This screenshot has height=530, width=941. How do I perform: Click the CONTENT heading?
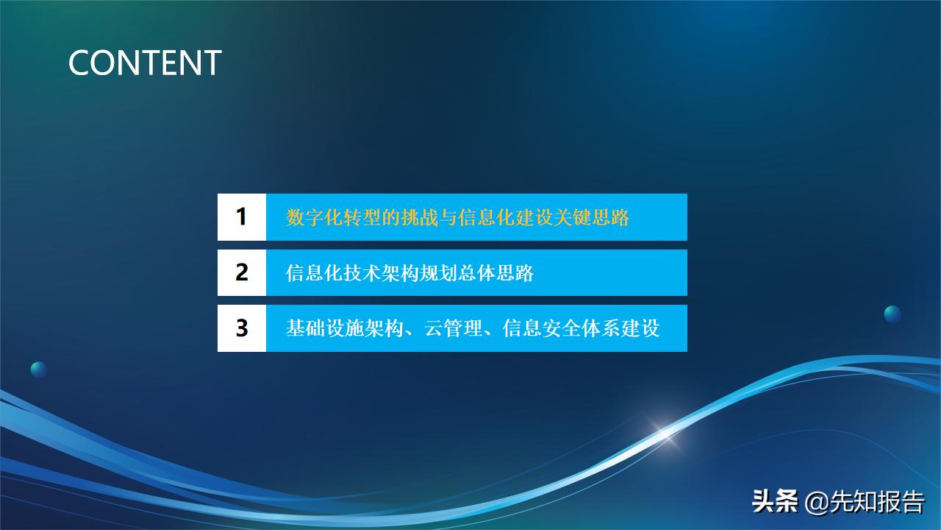coord(145,63)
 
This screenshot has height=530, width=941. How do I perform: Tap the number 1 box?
coord(241,217)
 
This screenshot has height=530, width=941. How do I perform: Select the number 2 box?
coord(241,272)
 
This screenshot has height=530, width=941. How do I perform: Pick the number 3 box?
coord(241,328)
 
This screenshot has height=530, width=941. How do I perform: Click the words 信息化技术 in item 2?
coord(323,273)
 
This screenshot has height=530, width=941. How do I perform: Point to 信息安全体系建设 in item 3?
coord(581,328)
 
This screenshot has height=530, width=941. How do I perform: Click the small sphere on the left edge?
coord(38,370)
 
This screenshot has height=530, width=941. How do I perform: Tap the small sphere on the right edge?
coord(892,314)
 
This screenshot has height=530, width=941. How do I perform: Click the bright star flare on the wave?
coord(666,434)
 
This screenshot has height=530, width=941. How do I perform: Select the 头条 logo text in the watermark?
coord(775,503)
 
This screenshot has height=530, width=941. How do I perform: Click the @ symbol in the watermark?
coord(817,504)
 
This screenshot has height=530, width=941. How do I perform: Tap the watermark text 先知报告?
coord(877,503)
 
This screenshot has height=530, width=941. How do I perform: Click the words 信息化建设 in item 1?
coord(506,218)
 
